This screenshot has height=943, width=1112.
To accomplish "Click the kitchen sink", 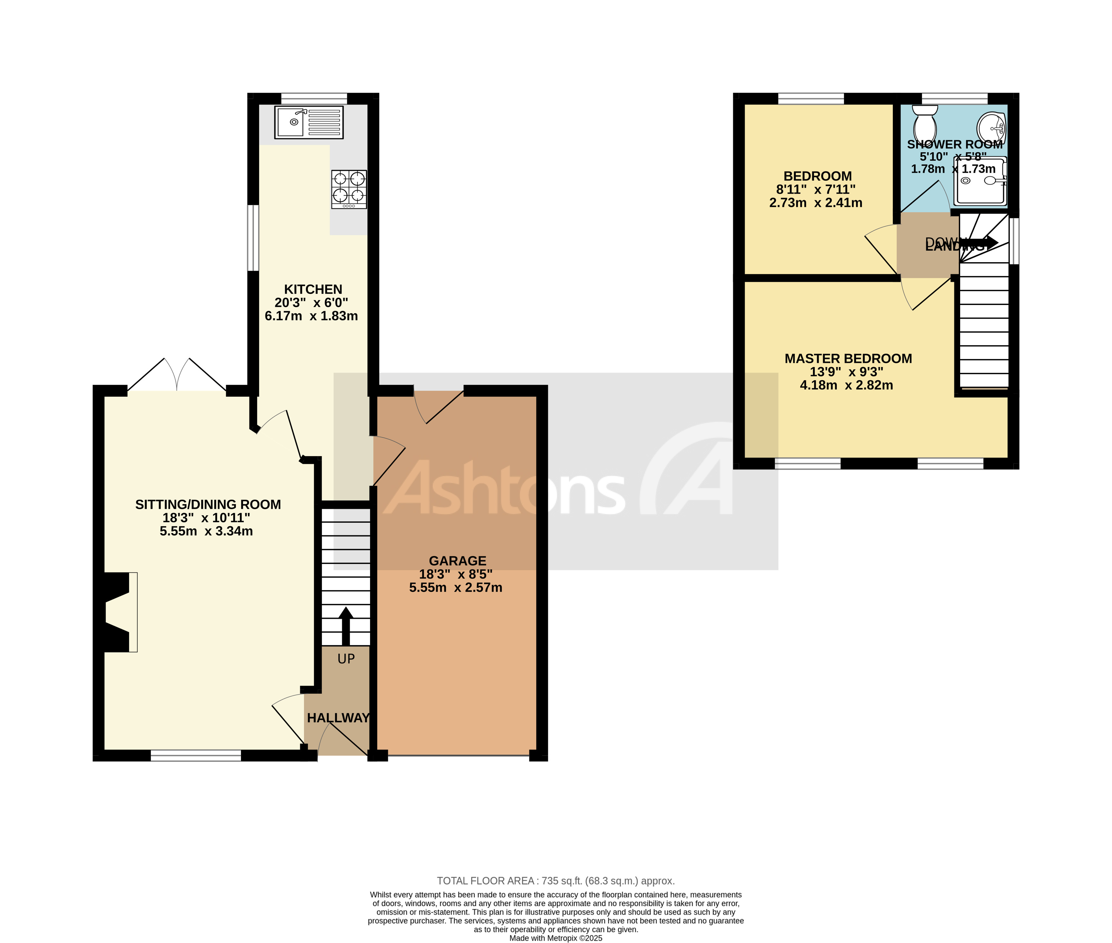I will [x=309, y=123].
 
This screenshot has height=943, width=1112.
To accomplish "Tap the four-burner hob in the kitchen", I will [x=349, y=189].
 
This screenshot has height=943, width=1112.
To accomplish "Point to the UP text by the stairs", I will [x=346, y=659].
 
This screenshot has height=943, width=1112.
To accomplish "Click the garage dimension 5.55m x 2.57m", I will [x=456, y=588].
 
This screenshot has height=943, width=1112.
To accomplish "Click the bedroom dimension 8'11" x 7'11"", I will [x=816, y=189].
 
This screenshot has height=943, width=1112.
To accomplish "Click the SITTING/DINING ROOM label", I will [x=208, y=505].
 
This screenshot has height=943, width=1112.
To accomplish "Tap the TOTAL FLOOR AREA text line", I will [x=556, y=880].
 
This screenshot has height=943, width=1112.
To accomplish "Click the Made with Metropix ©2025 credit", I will [x=556, y=938].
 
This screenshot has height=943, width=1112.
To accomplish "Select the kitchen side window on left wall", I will [x=253, y=237].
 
